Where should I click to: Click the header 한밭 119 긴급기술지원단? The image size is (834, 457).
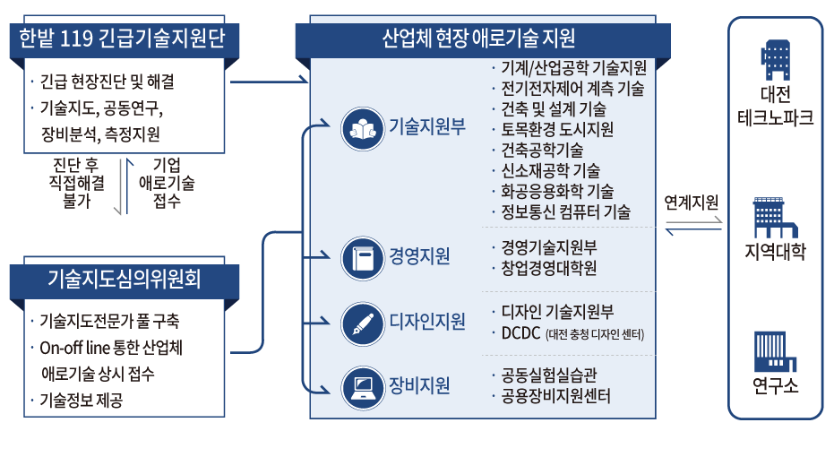(x=116, y=37)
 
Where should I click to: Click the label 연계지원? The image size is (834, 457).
(x=692, y=203)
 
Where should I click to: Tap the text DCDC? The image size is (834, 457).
(x=519, y=333)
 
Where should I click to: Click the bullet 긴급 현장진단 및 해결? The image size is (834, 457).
(x=107, y=82)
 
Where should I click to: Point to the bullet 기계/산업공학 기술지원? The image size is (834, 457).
(x=573, y=68)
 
